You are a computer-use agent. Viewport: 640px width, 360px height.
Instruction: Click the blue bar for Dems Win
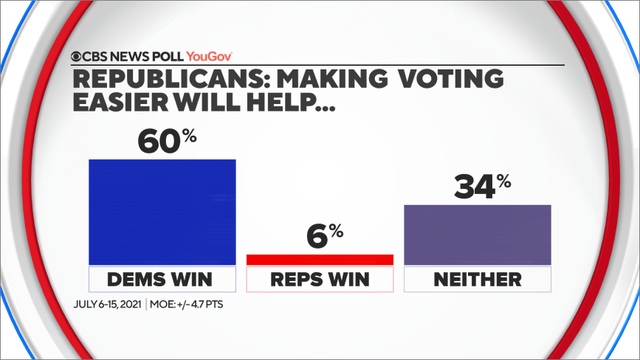[162, 211]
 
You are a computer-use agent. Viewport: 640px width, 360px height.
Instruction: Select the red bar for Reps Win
[320, 260]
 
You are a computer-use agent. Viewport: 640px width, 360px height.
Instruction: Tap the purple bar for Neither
[477, 234]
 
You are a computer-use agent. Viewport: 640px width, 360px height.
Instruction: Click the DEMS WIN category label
[162, 279]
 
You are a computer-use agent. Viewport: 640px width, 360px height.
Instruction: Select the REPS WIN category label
[320, 279]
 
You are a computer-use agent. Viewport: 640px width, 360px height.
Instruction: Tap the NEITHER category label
[477, 279]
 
